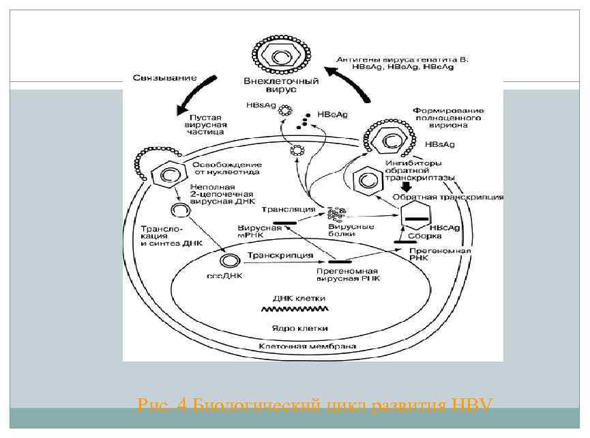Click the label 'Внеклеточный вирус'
(281, 85)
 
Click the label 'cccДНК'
(224, 277)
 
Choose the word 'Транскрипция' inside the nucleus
(280, 256)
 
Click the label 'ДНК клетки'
(299, 299)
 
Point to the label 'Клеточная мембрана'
(308, 346)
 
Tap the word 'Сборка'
(421, 236)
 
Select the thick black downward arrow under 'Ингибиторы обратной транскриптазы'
(407, 185)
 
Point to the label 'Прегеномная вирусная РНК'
(348, 275)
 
